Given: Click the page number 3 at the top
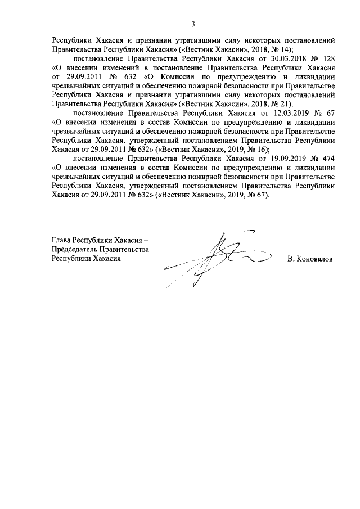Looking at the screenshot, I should [x=193, y=24].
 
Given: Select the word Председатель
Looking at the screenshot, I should [x=76, y=249].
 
